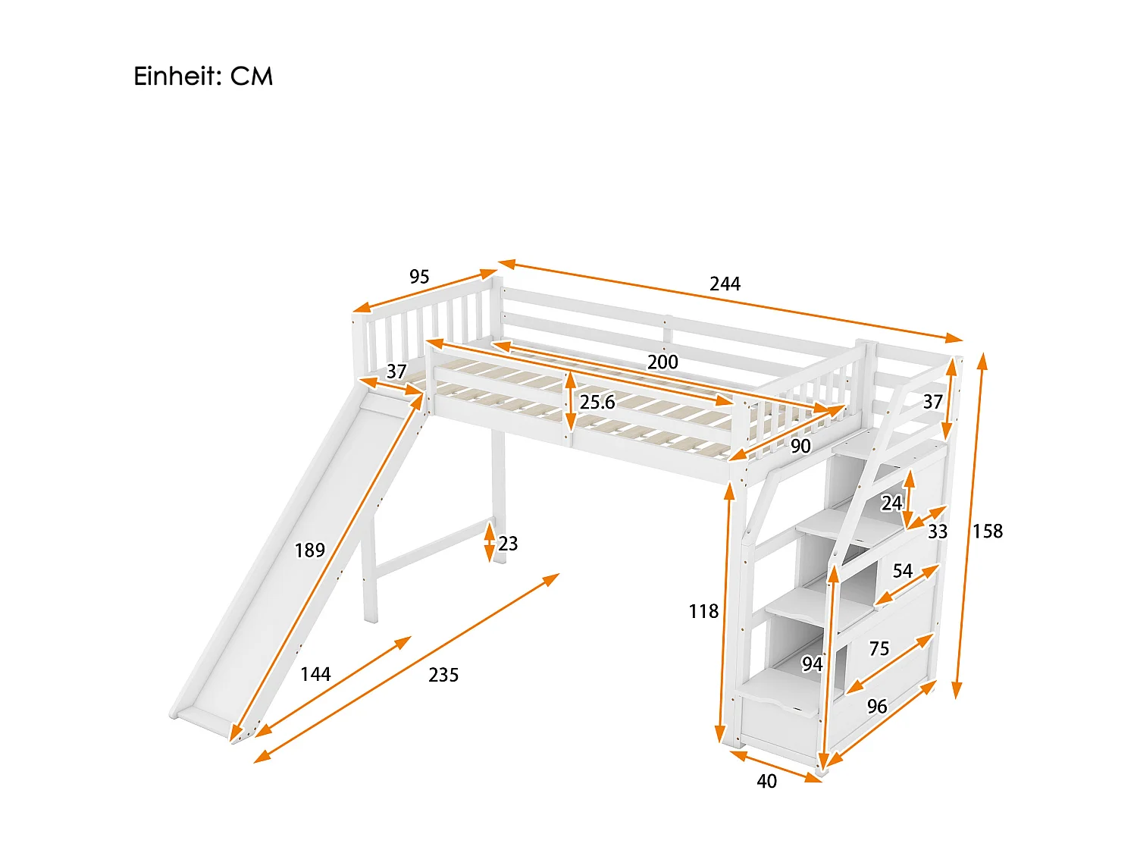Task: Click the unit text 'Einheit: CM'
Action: [x=203, y=77]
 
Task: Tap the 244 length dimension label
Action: [x=725, y=284]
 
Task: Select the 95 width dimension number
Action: [x=419, y=277]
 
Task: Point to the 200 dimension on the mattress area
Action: [x=662, y=362]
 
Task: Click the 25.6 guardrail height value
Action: [x=597, y=403]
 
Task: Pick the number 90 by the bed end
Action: [x=800, y=446]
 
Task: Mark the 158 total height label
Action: [x=988, y=532]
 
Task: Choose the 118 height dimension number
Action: [x=703, y=611]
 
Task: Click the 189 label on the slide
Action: [x=310, y=550]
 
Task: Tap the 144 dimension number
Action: [x=315, y=674]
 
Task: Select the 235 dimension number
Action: [x=443, y=675]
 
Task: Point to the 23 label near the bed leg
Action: [x=508, y=544]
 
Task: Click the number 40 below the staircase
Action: [x=767, y=781]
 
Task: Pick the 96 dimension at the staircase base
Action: [x=877, y=707]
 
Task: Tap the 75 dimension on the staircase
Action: [x=879, y=648]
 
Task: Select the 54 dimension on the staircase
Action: [x=902, y=571]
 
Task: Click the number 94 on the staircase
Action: [x=812, y=664]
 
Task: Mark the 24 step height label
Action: [x=891, y=503]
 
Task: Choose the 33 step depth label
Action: [x=938, y=532]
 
